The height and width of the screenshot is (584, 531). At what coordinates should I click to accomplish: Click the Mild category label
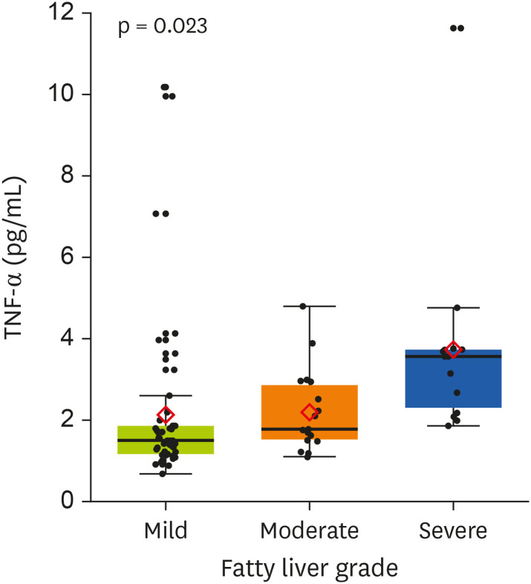(x=166, y=531)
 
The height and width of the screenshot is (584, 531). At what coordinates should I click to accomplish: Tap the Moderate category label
(x=309, y=531)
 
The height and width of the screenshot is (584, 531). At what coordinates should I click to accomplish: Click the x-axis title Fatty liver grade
(x=309, y=568)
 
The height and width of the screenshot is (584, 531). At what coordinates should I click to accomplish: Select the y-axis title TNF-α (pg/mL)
(x=16, y=257)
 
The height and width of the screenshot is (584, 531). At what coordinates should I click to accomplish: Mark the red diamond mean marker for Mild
(x=166, y=414)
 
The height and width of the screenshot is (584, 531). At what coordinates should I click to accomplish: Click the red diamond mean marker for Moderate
(x=309, y=412)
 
